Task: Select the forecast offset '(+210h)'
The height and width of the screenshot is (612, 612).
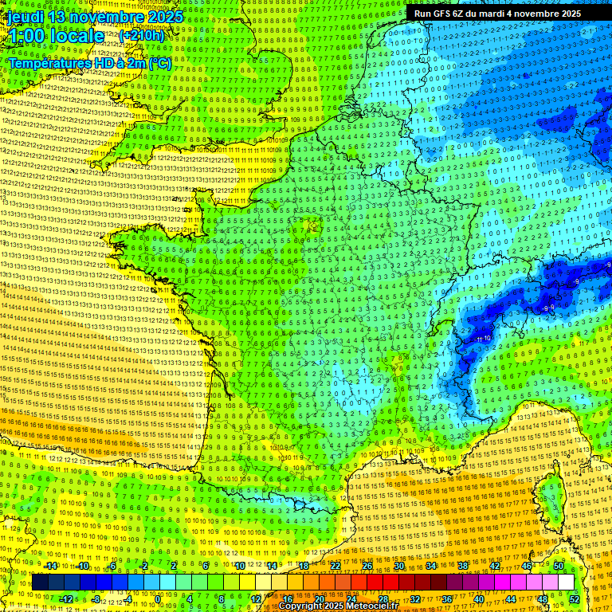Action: tap(142, 36)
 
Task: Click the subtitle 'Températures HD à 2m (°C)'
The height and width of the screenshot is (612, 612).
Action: tap(89, 63)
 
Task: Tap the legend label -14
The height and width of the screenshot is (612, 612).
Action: tap(50, 566)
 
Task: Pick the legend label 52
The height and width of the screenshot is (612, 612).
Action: tap(575, 599)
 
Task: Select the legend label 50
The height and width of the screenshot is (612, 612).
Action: tap(559, 566)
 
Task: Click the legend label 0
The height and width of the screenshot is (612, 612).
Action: tap(158, 599)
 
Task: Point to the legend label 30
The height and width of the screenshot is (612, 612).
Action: tap(399, 566)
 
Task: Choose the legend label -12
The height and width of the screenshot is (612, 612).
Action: tap(66, 599)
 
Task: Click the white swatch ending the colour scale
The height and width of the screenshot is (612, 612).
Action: tap(566, 583)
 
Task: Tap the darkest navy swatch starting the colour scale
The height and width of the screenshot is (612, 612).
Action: tap(40, 583)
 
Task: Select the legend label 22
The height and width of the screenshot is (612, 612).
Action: tap(335, 566)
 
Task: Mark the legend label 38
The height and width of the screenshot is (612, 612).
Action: tap(463, 566)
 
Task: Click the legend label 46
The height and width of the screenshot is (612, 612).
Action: tap(527, 566)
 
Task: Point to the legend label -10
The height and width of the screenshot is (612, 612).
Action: tap(82, 566)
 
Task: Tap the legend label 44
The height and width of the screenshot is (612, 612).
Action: tap(511, 599)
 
